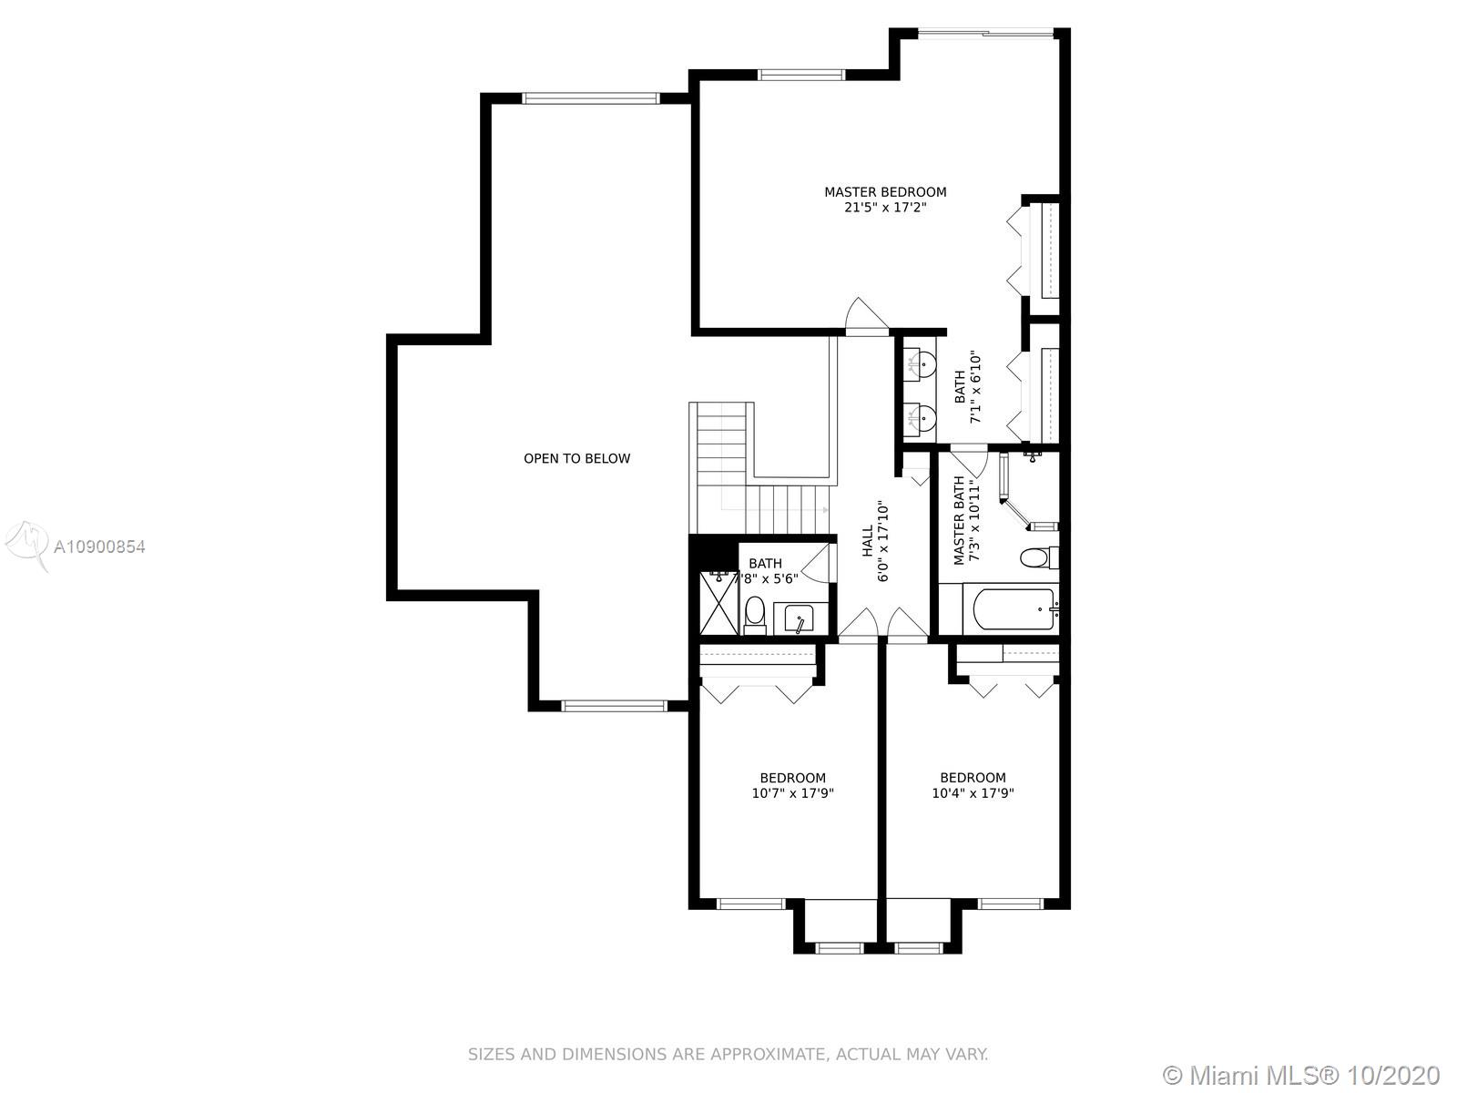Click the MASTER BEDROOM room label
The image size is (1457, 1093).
(885, 192)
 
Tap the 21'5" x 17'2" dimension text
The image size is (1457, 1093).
(885, 208)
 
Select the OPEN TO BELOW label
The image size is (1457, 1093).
(576, 458)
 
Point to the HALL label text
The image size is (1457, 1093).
(868, 541)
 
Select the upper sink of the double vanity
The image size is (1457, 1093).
(922, 363)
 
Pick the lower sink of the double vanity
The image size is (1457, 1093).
(922, 418)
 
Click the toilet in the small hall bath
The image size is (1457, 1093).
(755, 615)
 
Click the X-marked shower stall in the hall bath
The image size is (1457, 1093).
(718, 603)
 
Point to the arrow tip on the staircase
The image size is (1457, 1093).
(827, 510)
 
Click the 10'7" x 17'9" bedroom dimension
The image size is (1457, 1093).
(792, 793)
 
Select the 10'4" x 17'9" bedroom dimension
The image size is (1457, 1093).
(973, 793)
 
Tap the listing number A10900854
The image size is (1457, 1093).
(99, 546)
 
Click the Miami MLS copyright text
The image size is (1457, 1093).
(1302, 1075)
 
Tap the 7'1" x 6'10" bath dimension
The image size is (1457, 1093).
(974, 388)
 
